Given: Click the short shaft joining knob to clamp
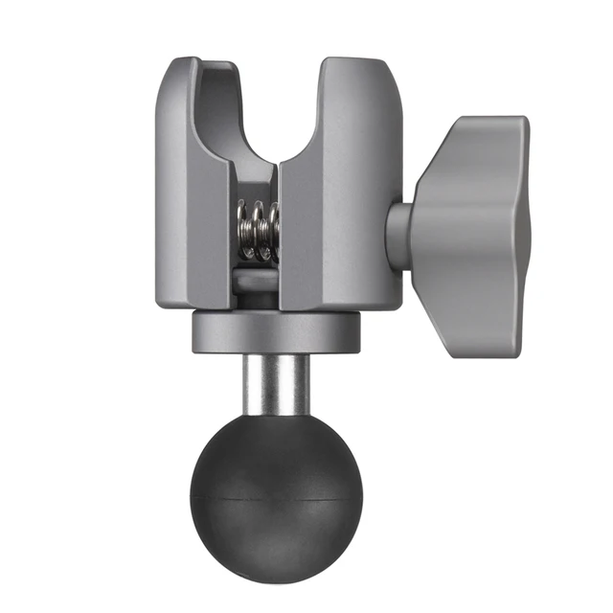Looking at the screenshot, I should point(400,235).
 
